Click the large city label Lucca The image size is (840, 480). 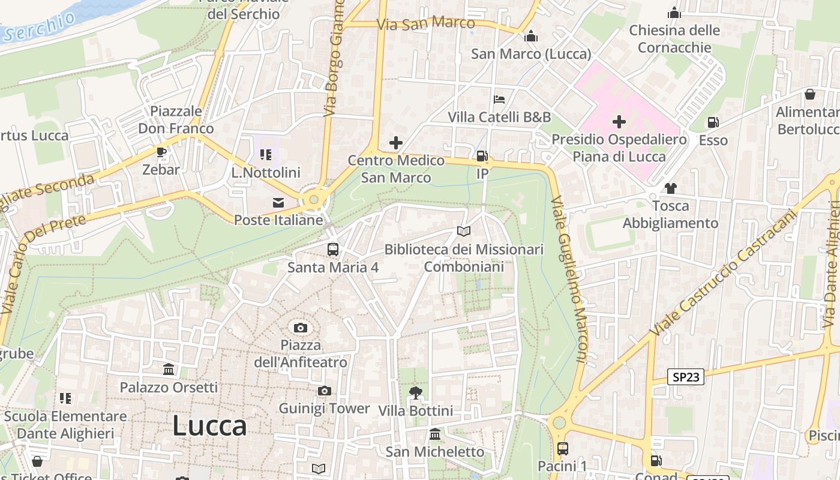tap(209, 426)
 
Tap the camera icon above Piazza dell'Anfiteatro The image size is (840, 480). tap(301, 328)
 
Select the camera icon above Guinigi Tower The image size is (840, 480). tap(324, 391)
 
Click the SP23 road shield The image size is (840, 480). tap(686, 377)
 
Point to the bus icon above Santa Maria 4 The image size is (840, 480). tap(332, 250)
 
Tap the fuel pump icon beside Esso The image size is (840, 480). tap(713, 122)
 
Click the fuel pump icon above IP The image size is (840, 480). tap(482, 156)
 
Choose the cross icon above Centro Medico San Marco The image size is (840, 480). tap(395, 143)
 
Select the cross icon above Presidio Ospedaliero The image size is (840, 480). tap(619, 122)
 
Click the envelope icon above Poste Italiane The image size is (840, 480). tap(278, 203)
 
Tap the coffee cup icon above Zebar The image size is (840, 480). tap(161, 152)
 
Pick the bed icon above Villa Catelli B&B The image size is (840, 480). tap(499, 100)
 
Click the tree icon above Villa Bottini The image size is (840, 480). tap(415, 393)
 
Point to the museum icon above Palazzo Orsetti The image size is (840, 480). tap(169, 370)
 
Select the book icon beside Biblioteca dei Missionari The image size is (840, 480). tap(463, 231)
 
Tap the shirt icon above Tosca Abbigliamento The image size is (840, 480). tap(670, 188)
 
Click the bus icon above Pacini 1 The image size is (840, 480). tap(562, 448)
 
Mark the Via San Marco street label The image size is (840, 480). tap(426, 24)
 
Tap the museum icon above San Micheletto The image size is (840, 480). tap(435, 434)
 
